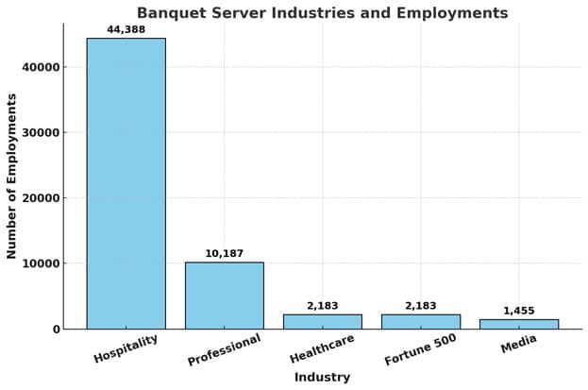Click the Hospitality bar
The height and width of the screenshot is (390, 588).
tap(126, 183)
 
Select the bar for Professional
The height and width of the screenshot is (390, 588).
tap(224, 296)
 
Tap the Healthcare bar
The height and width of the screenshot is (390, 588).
tap(322, 321)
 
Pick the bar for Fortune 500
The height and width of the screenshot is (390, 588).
tap(420, 321)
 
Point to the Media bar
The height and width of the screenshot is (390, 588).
tap(518, 324)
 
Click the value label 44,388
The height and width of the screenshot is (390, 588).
tap(126, 29)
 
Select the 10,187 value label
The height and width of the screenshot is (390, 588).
tap(224, 253)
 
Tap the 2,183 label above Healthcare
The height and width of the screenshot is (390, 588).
tap(322, 306)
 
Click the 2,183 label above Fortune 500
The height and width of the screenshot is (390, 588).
tap(420, 306)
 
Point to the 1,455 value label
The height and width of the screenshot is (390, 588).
tap(518, 311)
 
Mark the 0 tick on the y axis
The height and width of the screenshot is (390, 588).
tap(57, 330)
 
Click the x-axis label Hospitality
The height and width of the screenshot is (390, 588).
tap(126, 348)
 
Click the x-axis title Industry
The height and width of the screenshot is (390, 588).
tap(322, 378)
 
